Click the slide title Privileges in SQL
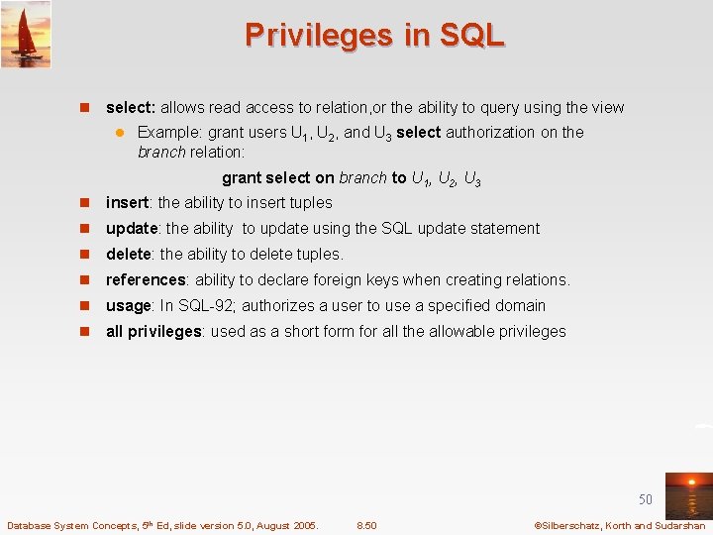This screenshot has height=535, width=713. (x=374, y=35)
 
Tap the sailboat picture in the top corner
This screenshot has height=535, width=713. (x=26, y=35)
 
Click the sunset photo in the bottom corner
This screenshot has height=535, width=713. (x=688, y=495)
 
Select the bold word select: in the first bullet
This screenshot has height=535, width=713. (x=131, y=107)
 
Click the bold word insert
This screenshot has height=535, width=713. (x=127, y=202)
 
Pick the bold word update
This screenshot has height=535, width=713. (x=132, y=228)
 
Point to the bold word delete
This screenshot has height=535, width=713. (x=129, y=254)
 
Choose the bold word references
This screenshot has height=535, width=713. (x=146, y=279)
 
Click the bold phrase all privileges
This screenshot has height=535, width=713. (x=153, y=331)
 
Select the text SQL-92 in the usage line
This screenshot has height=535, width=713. (x=207, y=305)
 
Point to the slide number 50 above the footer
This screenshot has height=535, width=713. (x=646, y=500)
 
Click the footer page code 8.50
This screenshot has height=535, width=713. (x=366, y=525)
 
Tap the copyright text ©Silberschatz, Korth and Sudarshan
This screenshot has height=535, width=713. (x=619, y=525)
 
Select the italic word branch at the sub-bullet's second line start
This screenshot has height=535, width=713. (x=161, y=152)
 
